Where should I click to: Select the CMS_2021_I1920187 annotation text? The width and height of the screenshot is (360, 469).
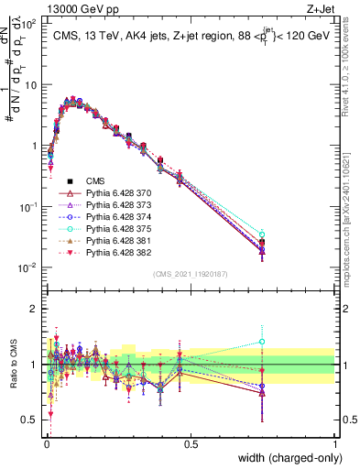pos(191,273)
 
